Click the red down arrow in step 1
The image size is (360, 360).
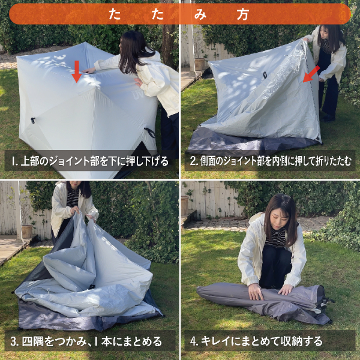pyautogui.click(x=77, y=71)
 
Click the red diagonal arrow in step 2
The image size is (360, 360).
pyautogui.click(x=311, y=74)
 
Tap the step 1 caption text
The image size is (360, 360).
pyautogui.click(x=90, y=161)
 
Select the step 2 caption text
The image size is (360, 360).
pyautogui.click(x=271, y=161)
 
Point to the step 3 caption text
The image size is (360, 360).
pyautogui.click(x=86, y=341)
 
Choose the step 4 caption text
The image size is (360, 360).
pyautogui.click(x=256, y=341)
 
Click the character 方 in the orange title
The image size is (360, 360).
pyautogui.click(x=242, y=14)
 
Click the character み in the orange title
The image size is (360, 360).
pyautogui.click(x=200, y=14)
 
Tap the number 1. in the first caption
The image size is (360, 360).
pyautogui.click(x=14, y=161)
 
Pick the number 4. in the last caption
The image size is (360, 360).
pyautogui.click(x=194, y=341)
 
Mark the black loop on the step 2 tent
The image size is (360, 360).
pyautogui.click(x=265, y=75)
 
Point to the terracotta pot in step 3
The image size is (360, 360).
pyautogui.click(x=27, y=232)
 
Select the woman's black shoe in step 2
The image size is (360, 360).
pyautogui.click(x=328, y=118)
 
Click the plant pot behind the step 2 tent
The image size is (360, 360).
pyautogui.click(x=199, y=64)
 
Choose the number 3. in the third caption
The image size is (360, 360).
pyautogui.click(x=14, y=341)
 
